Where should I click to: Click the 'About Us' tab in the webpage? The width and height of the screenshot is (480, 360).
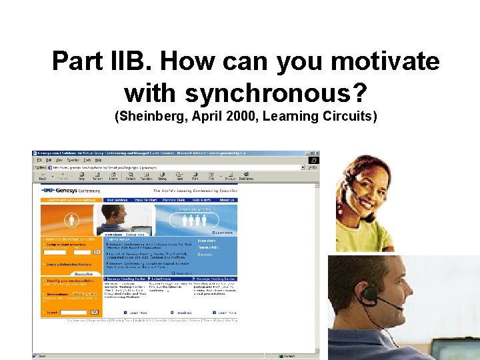tap(227, 199)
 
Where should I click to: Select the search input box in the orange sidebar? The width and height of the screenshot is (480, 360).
tap(73, 312)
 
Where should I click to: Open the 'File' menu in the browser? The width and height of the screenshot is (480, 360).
tap(40, 161)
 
